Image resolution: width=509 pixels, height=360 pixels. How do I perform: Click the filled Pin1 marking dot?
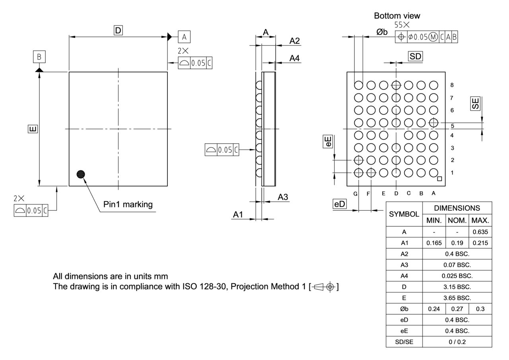(x=81, y=174)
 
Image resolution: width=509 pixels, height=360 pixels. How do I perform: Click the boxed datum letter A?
(x=184, y=37)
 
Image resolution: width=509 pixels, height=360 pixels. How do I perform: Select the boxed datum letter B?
(x=39, y=57)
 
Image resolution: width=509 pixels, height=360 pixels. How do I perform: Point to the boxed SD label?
(x=415, y=56)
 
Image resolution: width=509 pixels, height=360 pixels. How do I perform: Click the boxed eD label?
(x=340, y=204)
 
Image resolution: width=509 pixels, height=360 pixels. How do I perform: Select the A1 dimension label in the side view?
(x=238, y=214)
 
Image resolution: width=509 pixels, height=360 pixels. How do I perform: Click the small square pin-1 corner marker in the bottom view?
(x=439, y=179)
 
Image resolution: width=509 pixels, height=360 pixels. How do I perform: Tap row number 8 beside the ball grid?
(x=452, y=85)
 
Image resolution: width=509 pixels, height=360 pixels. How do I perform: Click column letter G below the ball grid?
(x=356, y=194)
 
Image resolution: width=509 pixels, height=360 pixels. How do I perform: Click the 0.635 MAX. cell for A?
(x=480, y=232)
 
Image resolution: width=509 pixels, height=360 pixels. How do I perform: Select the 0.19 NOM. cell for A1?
(x=457, y=243)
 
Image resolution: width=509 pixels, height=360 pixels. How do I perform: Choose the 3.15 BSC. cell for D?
(x=457, y=286)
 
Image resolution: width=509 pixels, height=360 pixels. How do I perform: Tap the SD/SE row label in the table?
(x=404, y=342)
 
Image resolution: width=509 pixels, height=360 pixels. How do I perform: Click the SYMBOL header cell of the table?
(x=404, y=214)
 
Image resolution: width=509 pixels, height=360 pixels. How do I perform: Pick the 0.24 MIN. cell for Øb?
(x=434, y=309)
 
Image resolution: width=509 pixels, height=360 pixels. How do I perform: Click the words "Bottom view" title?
(x=397, y=16)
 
